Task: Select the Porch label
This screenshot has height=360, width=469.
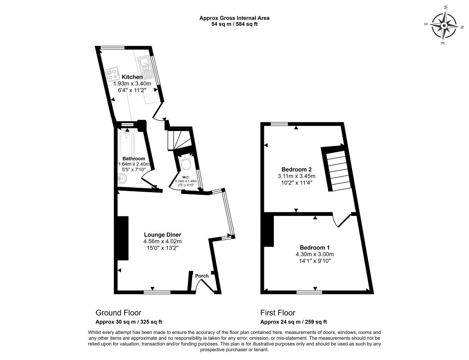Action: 201,276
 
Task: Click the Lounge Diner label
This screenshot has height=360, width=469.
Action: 162,234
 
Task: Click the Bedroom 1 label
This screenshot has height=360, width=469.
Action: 315,247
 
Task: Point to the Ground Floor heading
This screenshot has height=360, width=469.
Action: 118,313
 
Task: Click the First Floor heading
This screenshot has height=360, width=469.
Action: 277,313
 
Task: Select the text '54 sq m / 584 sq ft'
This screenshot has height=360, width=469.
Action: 235,24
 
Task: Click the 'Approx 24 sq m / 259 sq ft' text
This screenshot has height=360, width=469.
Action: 294,322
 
